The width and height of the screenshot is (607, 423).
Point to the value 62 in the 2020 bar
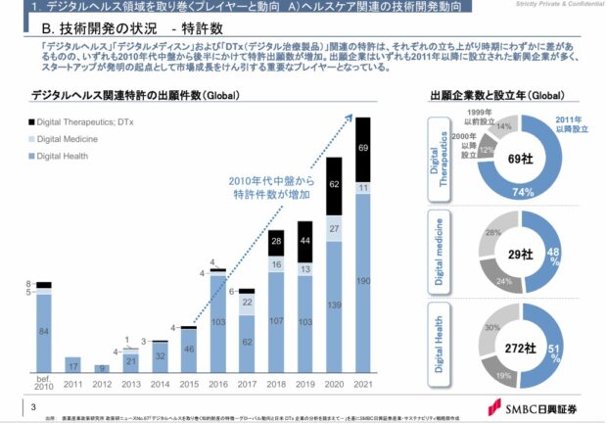334,183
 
